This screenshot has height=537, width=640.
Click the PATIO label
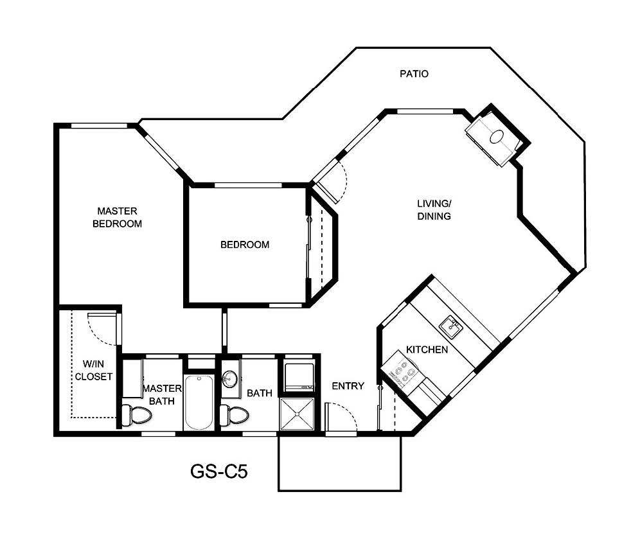point(414,74)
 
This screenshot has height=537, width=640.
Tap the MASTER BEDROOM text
point(117,217)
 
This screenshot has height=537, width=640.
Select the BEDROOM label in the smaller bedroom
point(245,245)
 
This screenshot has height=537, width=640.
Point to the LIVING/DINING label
point(434,210)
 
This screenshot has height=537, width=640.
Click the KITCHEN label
point(427,350)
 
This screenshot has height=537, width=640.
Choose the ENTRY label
point(348,386)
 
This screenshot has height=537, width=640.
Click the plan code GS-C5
point(219,472)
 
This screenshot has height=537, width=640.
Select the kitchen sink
point(451,326)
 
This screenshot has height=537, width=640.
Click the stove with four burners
point(400,373)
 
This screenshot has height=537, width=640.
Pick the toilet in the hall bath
point(235,416)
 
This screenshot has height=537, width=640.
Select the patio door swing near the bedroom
point(333,180)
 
